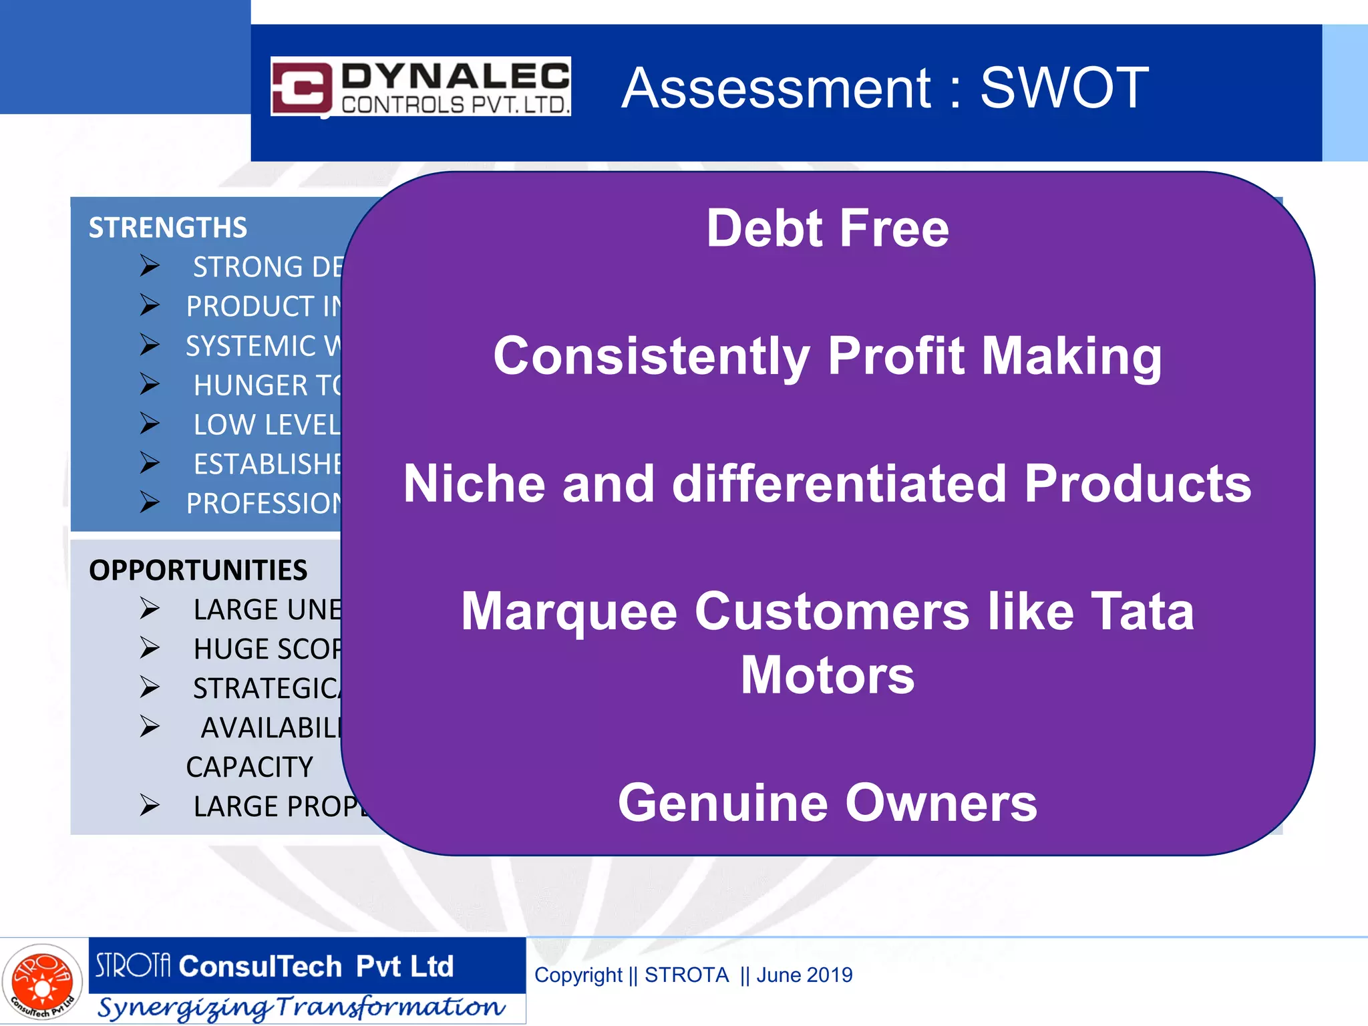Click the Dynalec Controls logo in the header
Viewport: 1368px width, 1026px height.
(x=420, y=87)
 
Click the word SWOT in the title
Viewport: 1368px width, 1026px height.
(x=1063, y=88)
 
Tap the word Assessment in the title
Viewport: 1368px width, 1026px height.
(x=776, y=88)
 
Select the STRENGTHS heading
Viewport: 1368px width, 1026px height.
(x=168, y=228)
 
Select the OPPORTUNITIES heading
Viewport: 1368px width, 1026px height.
(x=198, y=570)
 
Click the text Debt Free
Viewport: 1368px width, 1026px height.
(x=827, y=228)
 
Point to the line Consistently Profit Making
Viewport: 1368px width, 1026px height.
(x=827, y=356)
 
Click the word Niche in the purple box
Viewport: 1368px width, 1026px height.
(x=474, y=484)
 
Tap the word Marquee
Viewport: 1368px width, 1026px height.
(x=569, y=612)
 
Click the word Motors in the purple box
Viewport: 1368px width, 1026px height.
(x=827, y=675)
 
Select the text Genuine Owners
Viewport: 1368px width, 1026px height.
(x=827, y=803)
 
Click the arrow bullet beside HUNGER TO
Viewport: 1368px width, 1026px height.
(x=150, y=384)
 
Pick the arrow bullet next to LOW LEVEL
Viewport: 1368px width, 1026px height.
(x=150, y=423)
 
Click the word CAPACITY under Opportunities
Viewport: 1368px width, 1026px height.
(x=249, y=767)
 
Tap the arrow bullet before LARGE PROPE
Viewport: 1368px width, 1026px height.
(x=150, y=806)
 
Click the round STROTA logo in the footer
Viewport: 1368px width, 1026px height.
(x=42, y=982)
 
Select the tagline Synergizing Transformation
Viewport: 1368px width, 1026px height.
(x=301, y=1007)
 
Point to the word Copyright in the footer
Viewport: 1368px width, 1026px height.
(x=578, y=975)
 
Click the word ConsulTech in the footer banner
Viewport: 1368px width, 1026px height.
(x=261, y=967)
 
